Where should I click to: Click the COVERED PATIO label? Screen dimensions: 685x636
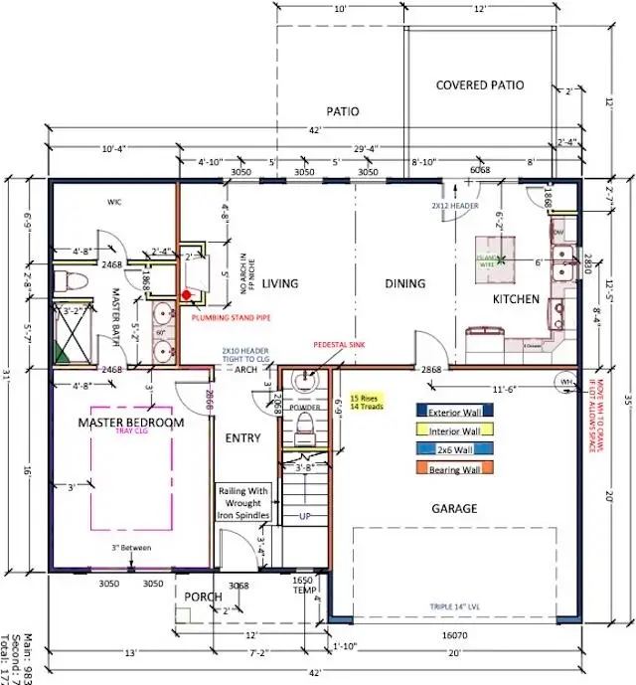[480, 86]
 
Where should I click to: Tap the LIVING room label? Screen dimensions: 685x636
[279, 284]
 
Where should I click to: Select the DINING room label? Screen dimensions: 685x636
[405, 283]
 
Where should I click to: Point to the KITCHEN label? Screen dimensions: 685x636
[516, 299]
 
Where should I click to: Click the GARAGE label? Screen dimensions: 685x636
[453, 508]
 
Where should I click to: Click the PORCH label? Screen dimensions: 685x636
[204, 597]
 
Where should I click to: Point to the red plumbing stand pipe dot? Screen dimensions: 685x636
[186, 295]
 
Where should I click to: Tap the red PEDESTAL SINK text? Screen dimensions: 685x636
[341, 344]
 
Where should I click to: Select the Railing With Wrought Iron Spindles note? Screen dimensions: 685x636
[244, 501]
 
